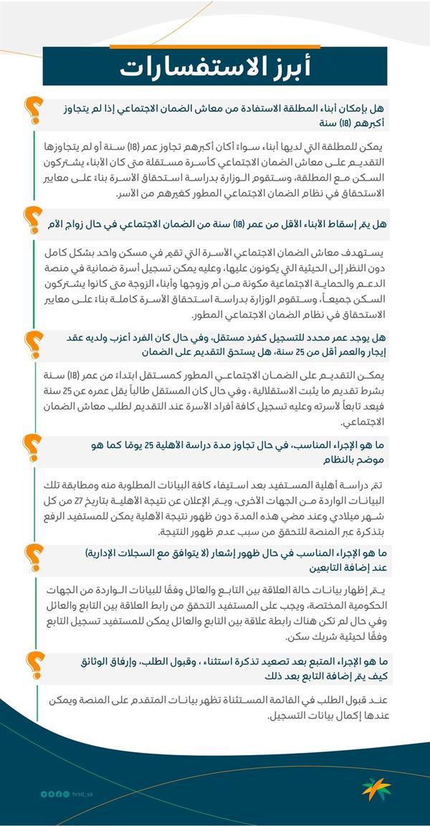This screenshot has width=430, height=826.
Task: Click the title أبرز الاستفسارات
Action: pos(216,67)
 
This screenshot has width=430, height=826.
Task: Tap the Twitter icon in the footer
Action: pos(44,794)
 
